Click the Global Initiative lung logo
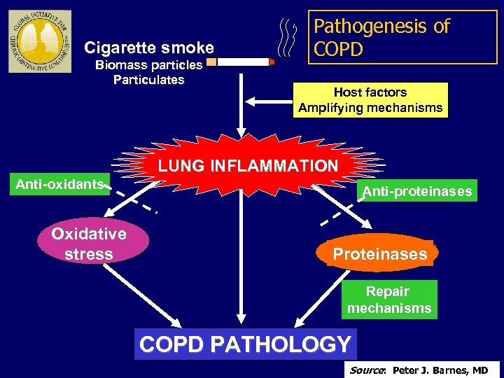(x=39, y=41)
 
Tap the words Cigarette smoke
(x=148, y=48)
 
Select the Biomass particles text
(x=148, y=65)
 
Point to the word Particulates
(x=148, y=80)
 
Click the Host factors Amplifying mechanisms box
(x=370, y=99)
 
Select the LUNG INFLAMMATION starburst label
(x=247, y=166)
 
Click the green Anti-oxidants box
(x=60, y=184)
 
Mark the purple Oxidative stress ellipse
(x=88, y=244)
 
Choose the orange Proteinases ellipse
(x=379, y=254)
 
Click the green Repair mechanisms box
(x=389, y=300)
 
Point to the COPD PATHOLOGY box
(x=245, y=344)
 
